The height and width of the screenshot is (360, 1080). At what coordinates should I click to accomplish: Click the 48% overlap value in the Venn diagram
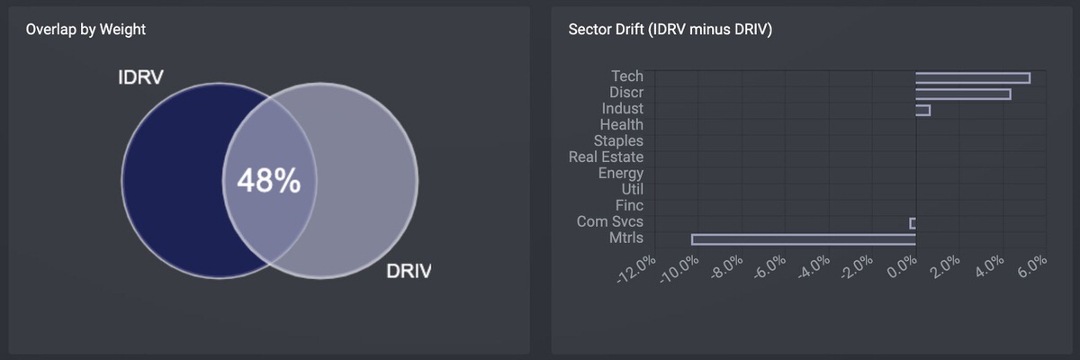pyautogui.click(x=268, y=182)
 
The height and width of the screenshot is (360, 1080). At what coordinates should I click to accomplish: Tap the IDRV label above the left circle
pyautogui.click(x=140, y=77)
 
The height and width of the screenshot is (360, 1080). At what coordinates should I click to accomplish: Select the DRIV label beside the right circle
pyautogui.click(x=409, y=271)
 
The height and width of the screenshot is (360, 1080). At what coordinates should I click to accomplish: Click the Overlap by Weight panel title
pyautogui.click(x=85, y=30)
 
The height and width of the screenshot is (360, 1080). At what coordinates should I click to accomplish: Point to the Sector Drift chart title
pyautogui.click(x=670, y=30)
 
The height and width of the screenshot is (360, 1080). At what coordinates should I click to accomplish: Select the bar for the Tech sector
pyautogui.click(x=972, y=78)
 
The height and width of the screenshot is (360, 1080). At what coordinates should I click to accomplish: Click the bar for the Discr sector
pyautogui.click(x=962, y=94)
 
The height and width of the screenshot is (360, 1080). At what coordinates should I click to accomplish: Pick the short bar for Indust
pyautogui.click(x=922, y=110)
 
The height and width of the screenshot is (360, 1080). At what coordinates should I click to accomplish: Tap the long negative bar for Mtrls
pyautogui.click(x=803, y=239)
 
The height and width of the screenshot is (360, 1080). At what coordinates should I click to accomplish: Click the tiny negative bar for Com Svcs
pyautogui.click(x=913, y=223)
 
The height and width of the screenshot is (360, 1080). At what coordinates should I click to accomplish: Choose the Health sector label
pyautogui.click(x=621, y=125)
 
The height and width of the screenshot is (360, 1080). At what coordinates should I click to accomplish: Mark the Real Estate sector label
pyautogui.click(x=606, y=157)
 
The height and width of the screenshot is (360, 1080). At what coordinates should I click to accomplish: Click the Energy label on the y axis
pyautogui.click(x=620, y=174)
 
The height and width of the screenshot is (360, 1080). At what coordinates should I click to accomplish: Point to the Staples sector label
pyautogui.click(x=618, y=141)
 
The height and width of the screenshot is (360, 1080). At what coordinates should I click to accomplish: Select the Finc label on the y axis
pyautogui.click(x=629, y=206)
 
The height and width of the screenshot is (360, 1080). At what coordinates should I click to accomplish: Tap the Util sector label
pyautogui.click(x=632, y=190)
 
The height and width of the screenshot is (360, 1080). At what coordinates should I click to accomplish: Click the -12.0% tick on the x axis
pyautogui.click(x=636, y=269)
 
